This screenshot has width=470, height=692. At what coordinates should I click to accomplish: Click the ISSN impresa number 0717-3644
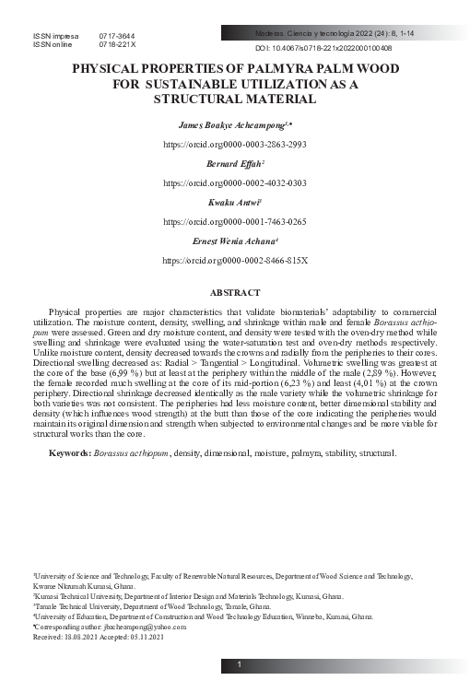coord(117,35)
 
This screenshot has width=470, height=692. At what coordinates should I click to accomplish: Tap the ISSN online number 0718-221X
coord(117,44)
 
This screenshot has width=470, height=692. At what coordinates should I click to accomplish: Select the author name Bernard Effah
coord(232,162)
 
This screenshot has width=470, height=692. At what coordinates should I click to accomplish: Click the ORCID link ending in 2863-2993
coord(234,145)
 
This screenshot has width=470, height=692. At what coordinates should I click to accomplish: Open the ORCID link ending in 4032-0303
coord(234,183)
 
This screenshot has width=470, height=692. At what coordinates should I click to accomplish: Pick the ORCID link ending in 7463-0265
coord(234,222)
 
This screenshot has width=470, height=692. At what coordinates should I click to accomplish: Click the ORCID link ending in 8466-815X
coord(234,261)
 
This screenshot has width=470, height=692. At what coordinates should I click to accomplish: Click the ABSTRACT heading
coord(235,292)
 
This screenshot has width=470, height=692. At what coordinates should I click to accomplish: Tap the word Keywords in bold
coord(69,453)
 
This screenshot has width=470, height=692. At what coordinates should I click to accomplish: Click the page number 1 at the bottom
coord(239,665)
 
